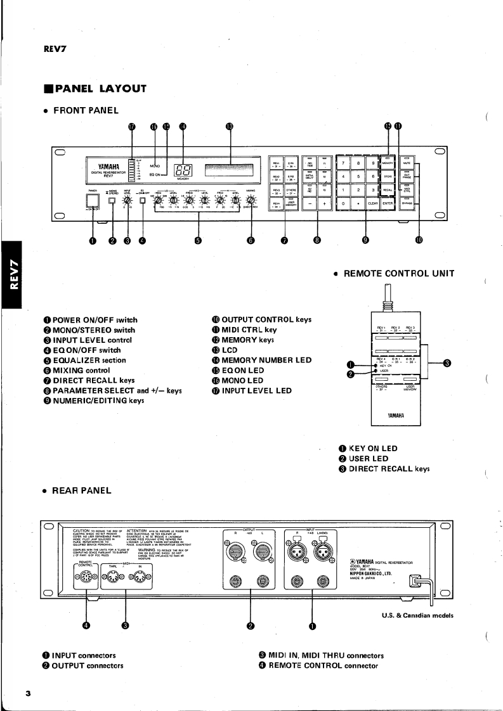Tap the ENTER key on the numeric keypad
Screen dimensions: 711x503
(388, 203)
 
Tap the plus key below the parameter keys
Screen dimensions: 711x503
(324, 203)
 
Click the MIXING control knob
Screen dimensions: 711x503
(252, 201)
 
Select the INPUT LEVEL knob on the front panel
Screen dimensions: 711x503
(128, 201)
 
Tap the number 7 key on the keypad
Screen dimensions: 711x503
(343, 163)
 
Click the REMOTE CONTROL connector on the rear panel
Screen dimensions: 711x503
(86, 577)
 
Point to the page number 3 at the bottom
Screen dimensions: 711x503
(28, 694)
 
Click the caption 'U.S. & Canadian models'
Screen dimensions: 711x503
(417, 615)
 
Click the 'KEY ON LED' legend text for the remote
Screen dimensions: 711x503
(373, 449)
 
